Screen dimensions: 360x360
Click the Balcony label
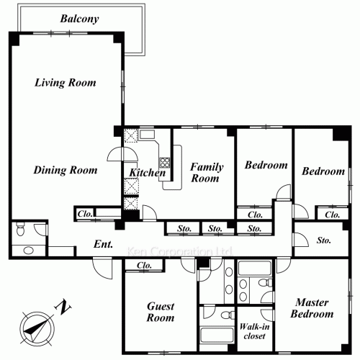(x=79, y=19)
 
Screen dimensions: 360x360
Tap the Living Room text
(x=66, y=83)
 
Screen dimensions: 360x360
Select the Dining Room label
(x=66, y=170)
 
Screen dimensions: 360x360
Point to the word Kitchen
(x=148, y=173)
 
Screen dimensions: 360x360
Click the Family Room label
(x=207, y=173)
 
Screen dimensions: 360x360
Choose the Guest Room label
(x=161, y=312)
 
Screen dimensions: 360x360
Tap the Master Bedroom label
(x=312, y=308)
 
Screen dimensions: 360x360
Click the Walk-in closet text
(x=254, y=331)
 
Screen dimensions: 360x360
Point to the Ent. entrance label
(x=103, y=244)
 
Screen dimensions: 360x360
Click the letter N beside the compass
(x=63, y=307)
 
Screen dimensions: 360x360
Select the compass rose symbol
(x=37, y=329)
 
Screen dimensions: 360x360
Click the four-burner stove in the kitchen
(x=165, y=163)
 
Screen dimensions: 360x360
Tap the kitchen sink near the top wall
(x=147, y=135)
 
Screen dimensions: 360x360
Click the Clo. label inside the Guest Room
(x=144, y=266)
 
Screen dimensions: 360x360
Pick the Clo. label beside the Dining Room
(x=85, y=214)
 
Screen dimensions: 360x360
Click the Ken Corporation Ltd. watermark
(x=179, y=251)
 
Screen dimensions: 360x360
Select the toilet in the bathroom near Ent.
(x=20, y=229)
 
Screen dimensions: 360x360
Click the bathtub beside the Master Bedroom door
(x=255, y=268)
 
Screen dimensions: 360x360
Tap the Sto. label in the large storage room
(x=324, y=240)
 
